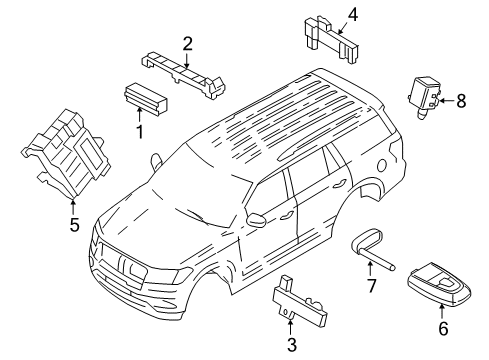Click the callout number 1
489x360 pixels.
click(x=139, y=131)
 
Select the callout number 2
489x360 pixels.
click(x=187, y=42)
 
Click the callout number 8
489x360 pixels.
click(x=461, y=100)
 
